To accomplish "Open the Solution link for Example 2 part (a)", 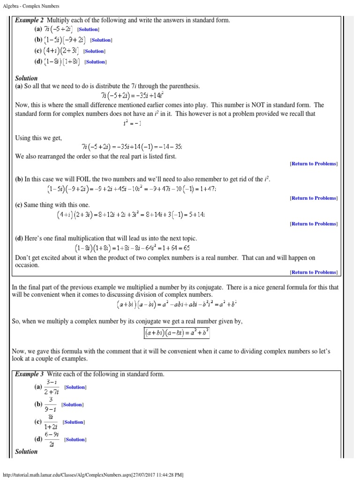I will pyautogui.click(x=87, y=30).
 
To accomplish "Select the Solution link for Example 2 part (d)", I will pyautogui.click(x=96, y=62).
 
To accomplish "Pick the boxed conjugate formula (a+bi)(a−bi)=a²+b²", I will pyautogui.click(x=177, y=333).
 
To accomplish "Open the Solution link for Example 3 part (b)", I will pyautogui.click(x=72, y=405).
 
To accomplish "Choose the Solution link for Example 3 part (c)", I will pyautogui.click(x=74, y=422).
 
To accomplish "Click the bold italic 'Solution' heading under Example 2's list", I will pyautogui.click(x=26, y=78).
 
